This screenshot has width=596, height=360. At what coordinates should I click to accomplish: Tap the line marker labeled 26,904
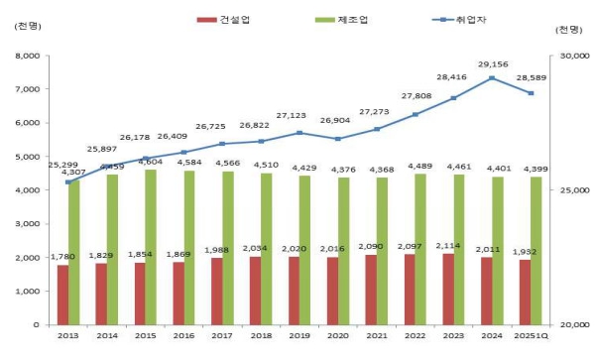[x=337, y=139]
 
